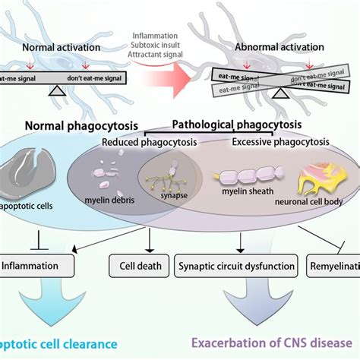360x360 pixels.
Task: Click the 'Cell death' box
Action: (131, 267)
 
